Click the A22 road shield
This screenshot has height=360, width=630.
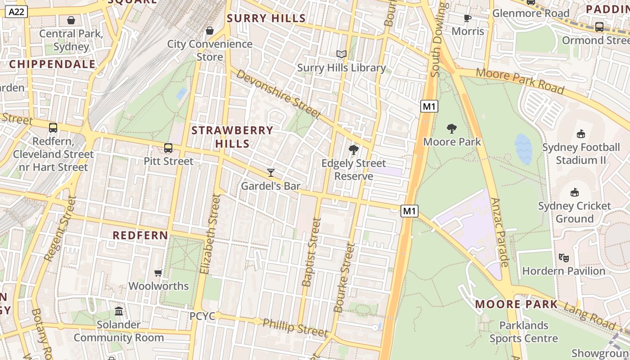[17, 12]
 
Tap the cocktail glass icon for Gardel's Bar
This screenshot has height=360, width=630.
[270, 172]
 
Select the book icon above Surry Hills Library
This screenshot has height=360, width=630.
[342, 54]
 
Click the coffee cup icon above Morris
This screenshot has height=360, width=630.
[468, 18]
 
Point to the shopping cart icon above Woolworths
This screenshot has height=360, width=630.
[158, 273]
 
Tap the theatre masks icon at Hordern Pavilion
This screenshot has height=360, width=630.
[563, 257]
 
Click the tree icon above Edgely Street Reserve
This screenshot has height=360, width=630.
[354, 149]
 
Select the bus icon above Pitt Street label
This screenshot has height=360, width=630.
[168, 148]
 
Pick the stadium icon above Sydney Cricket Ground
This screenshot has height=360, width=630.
[574, 193]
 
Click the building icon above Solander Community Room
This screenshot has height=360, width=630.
[119, 311]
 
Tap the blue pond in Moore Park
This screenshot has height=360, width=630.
[523, 149]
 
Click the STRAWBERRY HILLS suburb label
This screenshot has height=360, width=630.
[232, 137]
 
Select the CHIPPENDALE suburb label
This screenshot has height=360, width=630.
[53, 64]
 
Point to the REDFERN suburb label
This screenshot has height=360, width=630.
[140, 235]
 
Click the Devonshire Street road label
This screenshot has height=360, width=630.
[278, 94]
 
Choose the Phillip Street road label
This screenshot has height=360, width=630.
[295, 327]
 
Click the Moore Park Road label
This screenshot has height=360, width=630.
[520, 81]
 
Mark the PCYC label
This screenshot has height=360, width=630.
[202, 316]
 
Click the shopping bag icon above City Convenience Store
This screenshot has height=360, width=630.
[209, 31]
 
